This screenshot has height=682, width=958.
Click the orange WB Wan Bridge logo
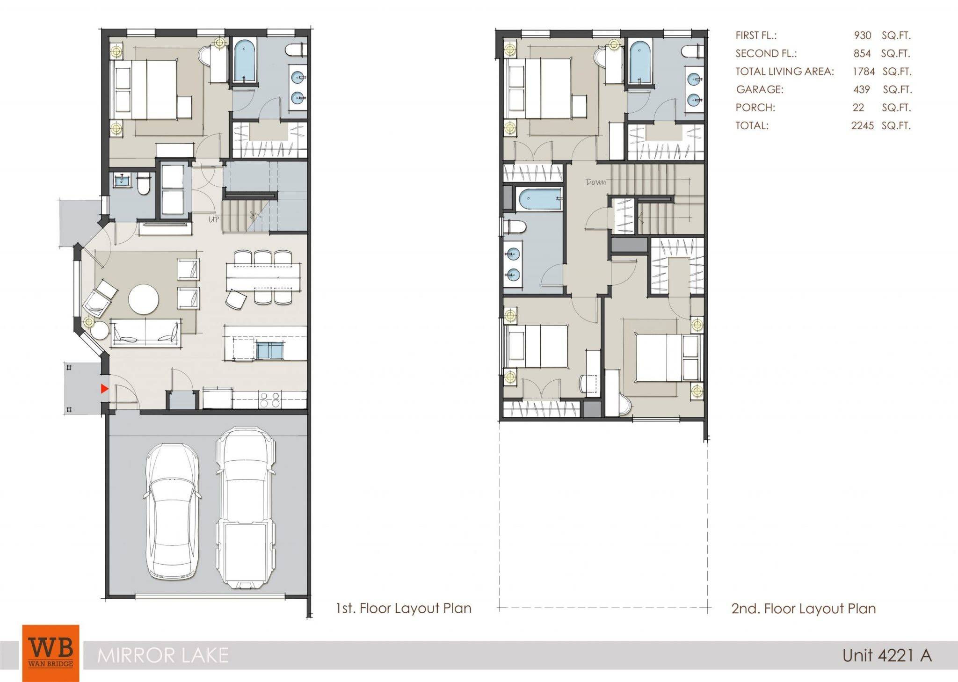tap(51, 653)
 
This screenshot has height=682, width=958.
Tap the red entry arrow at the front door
tap(105, 388)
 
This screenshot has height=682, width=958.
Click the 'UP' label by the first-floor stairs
tap(214, 219)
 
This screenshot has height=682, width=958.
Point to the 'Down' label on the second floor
tap(595, 182)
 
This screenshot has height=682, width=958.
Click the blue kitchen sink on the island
tap(270, 350)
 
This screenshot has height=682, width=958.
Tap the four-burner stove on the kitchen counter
tap(270, 400)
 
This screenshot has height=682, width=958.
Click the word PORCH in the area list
tap(755, 108)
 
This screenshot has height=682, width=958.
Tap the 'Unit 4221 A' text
tap(887, 655)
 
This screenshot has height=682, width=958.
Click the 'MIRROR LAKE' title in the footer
tap(163, 655)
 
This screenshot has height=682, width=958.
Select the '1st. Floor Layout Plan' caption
tap(404, 608)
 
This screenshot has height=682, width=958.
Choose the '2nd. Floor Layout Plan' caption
tap(804, 609)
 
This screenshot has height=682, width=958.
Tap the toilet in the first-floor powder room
tap(143, 185)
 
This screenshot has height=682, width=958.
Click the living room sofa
tap(145, 333)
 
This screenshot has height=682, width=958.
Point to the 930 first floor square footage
tap(862, 36)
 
